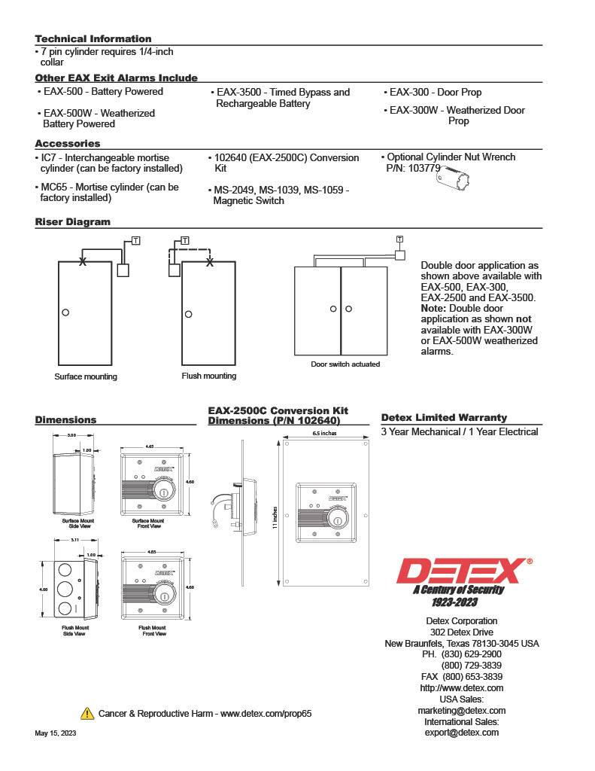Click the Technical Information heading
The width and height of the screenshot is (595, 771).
click(93, 39)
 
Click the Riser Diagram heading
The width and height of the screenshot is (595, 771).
click(73, 222)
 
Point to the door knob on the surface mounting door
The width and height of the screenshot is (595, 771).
click(66, 312)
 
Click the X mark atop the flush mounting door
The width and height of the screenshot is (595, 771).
click(210, 262)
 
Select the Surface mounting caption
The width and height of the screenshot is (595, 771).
click(86, 376)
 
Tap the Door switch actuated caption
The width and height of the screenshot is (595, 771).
click(345, 364)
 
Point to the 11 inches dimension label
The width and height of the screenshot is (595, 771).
click(275, 519)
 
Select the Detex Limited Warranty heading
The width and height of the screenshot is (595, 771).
click(444, 418)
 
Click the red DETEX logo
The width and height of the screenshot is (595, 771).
click(460, 571)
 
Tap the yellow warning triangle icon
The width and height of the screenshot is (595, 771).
click(87, 713)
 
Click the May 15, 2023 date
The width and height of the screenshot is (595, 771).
click(55, 733)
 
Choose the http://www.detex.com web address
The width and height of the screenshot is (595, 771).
click(462, 688)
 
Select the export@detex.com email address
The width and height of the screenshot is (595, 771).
click(462, 733)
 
